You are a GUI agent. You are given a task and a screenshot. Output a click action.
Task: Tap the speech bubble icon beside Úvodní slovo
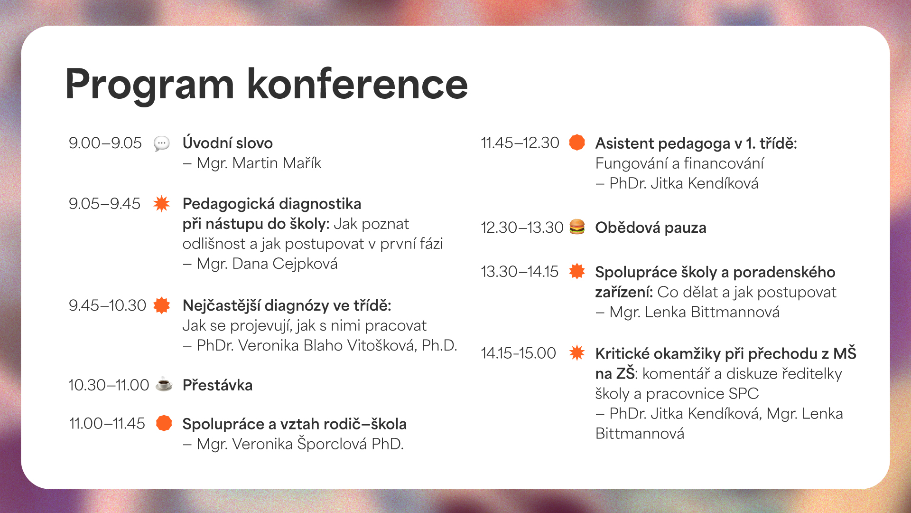[161, 143]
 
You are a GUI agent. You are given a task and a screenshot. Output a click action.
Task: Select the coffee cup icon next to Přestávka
[164, 384]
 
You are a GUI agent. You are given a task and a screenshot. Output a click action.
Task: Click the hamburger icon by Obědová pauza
[577, 227]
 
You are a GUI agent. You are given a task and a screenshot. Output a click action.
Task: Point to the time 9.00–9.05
[105, 143]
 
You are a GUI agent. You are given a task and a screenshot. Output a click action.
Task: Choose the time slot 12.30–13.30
[521, 228]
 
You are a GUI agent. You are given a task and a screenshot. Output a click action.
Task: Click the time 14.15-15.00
[518, 353]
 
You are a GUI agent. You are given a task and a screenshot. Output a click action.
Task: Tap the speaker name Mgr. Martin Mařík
[259, 163]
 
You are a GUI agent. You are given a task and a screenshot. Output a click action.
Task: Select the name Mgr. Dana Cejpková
[267, 264]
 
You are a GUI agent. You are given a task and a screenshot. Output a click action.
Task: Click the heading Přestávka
[217, 385]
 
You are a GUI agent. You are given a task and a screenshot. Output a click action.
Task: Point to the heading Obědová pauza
[651, 228]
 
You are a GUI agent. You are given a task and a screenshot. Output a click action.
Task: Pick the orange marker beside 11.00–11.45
[164, 423]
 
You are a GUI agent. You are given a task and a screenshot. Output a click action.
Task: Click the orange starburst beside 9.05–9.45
[161, 203]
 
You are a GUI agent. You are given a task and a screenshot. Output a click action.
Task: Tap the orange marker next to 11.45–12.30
[577, 142]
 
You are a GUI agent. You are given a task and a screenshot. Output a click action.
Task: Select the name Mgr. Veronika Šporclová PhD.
[300, 444]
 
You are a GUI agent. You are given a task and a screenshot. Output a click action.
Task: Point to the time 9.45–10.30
[107, 305]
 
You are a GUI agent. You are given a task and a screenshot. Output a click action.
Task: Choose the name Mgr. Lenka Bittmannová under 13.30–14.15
[694, 312]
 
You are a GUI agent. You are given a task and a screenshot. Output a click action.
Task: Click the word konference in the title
[357, 85]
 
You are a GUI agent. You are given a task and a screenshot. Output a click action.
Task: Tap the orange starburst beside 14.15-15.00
[577, 352]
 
